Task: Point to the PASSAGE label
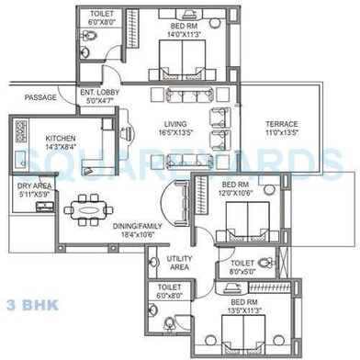(40, 98)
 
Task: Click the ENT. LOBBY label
(99, 94)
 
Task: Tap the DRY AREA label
(34, 186)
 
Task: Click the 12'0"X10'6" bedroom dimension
(233, 193)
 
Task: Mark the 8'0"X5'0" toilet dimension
(242, 272)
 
